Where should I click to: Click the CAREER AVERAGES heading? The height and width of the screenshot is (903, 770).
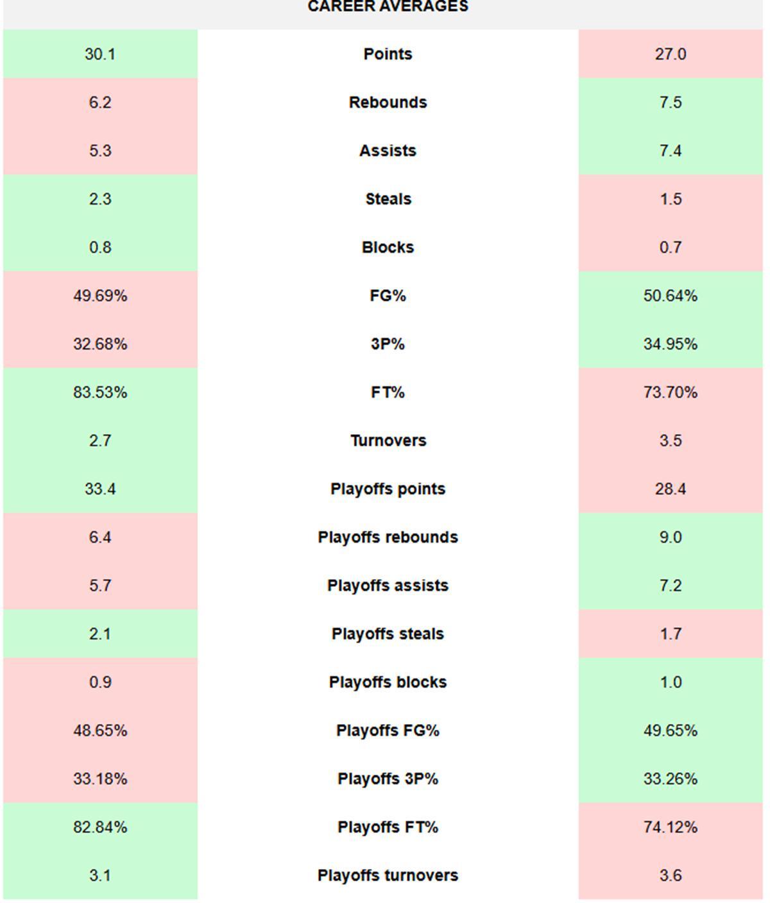pos(388,7)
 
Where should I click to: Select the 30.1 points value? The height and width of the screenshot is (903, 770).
pos(100,54)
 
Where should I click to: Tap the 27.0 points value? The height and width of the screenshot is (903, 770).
pos(670,54)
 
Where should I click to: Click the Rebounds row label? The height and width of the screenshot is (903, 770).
pos(388,103)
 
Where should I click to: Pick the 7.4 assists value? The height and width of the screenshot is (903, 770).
pos(670,151)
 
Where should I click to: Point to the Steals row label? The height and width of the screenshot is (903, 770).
pos(388,199)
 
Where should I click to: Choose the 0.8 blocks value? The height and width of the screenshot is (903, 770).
pos(100,248)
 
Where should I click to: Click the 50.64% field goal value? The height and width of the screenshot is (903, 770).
pos(670,296)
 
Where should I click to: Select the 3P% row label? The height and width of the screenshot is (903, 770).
pos(388,344)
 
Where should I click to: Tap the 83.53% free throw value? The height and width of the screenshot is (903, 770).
pos(100,392)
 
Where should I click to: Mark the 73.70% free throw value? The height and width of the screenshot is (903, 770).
pos(670,392)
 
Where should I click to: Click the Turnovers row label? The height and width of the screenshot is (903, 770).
pos(388,441)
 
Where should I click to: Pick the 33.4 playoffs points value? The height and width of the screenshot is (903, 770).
pos(100,489)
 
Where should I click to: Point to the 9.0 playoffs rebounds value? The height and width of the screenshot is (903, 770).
pos(670,537)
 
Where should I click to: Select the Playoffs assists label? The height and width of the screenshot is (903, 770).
pos(388,586)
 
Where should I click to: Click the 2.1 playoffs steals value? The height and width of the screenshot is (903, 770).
pos(100,634)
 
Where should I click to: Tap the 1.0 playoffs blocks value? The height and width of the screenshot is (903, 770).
pos(670,682)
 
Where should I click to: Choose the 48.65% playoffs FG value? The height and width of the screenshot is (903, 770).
pos(100,730)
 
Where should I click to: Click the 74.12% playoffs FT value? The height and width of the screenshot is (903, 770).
pos(670,827)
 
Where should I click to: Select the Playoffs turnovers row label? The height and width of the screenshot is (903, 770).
pos(388,875)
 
